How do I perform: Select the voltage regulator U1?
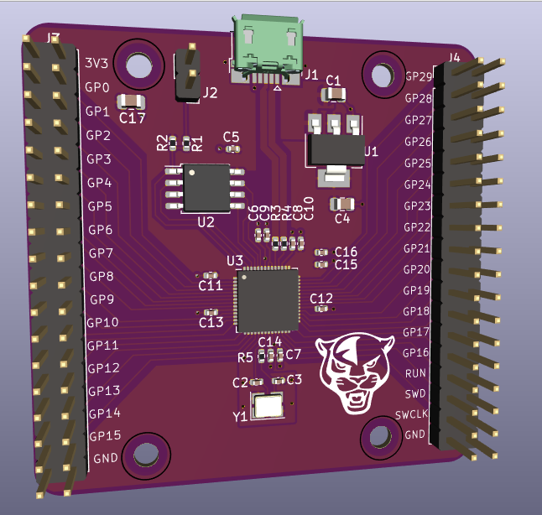click(x=333, y=148)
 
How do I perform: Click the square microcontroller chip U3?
click(x=267, y=299)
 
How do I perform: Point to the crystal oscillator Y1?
click(x=269, y=408)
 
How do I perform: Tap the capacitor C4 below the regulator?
click(x=341, y=203)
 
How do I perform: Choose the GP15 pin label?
click(x=106, y=436)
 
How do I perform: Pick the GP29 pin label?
click(x=418, y=76)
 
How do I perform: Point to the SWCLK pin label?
click(x=412, y=414)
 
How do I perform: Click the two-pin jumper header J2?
click(x=186, y=73)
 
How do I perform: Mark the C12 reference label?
click(x=321, y=298)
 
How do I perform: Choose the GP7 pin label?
click(x=101, y=252)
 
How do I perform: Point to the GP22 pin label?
click(x=417, y=227)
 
